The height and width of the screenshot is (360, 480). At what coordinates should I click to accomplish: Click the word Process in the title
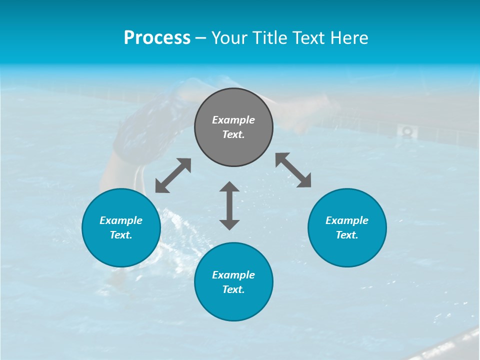point(157,38)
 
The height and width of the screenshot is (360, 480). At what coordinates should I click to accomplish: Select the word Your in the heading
point(230,38)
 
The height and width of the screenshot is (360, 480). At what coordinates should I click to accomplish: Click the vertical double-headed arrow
point(229,205)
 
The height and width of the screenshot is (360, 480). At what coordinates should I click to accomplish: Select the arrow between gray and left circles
point(173,175)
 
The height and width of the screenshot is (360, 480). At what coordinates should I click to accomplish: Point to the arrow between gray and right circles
point(293,170)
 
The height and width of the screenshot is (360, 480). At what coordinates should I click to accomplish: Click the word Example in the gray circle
point(233,120)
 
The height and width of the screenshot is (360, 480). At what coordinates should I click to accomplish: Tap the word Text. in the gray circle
point(233,134)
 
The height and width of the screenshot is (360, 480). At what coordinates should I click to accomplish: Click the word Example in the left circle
point(121,220)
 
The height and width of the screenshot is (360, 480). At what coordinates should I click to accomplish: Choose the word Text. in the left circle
point(121,235)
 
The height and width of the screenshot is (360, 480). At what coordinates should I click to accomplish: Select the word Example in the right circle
point(347,220)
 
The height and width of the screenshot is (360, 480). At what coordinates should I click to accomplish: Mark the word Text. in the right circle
point(347,235)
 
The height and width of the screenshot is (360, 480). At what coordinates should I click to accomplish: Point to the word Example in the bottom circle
point(233,275)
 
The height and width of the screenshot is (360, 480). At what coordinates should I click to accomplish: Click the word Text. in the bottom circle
point(233,289)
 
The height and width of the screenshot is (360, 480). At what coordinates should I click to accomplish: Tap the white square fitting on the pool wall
point(407,131)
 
